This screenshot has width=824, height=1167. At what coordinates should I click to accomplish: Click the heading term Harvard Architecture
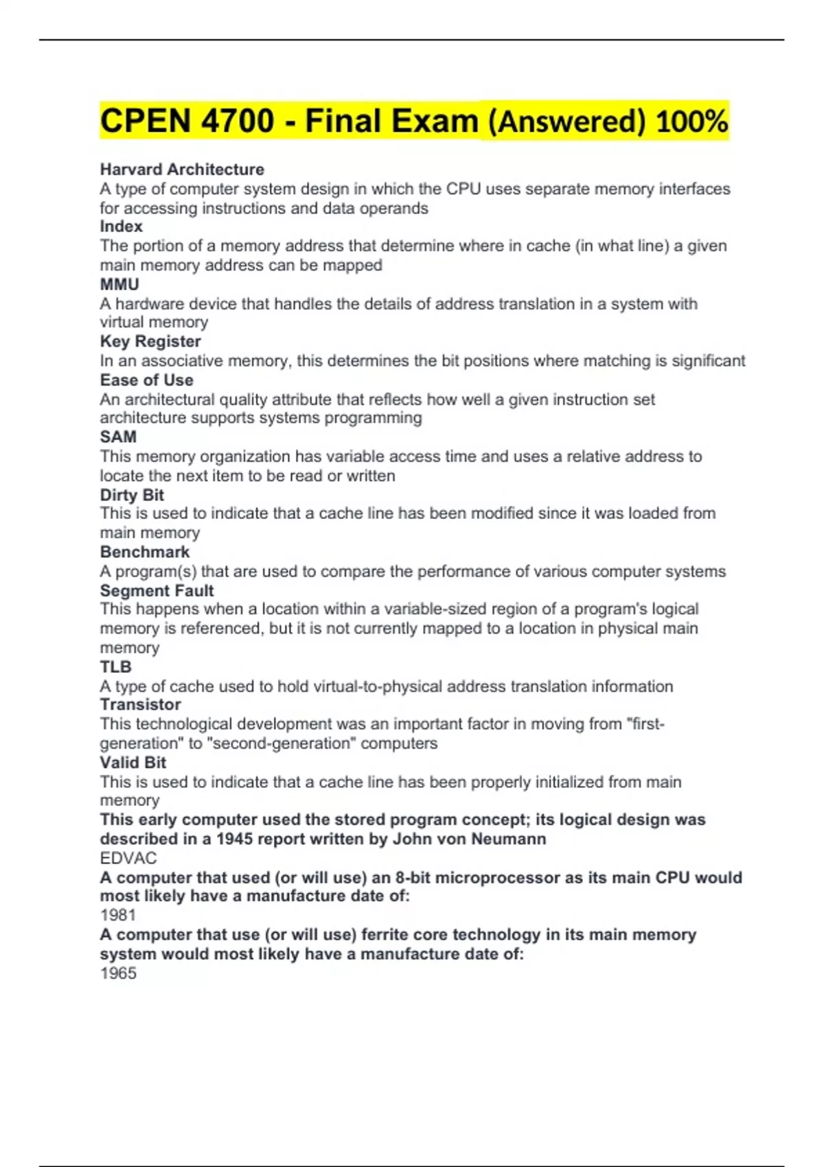click(x=182, y=170)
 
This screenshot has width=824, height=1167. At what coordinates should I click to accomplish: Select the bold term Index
click(x=121, y=227)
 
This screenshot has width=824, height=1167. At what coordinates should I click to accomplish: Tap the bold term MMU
click(x=119, y=284)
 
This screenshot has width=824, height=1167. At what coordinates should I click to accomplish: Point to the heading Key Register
click(x=150, y=341)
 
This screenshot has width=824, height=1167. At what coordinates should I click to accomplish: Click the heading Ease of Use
click(x=146, y=380)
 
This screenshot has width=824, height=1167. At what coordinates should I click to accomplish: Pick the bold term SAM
click(x=118, y=437)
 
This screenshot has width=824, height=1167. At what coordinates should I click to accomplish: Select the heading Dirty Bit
click(x=132, y=495)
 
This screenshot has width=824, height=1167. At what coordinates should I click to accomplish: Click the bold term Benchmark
click(x=144, y=552)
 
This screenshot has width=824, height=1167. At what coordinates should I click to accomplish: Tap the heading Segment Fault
click(x=157, y=590)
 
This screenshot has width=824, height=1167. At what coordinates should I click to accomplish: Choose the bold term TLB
click(x=115, y=667)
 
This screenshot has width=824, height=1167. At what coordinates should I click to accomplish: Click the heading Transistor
click(x=140, y=704)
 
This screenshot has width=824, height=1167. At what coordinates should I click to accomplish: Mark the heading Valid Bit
click(x=133, y=762)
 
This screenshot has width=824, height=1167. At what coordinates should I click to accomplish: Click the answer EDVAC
click(x=128, y=858)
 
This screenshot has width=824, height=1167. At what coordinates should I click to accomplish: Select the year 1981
click(x=118, y=915)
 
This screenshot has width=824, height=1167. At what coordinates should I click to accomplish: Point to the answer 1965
click(x=118, y=973)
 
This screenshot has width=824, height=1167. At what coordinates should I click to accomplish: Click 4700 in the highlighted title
click(x=238, y=122)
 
